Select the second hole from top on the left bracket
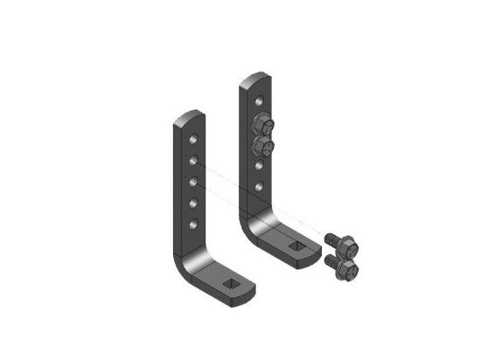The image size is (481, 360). (192, 160)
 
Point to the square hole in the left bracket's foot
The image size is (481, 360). (232, 284)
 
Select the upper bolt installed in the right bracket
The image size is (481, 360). (261, 121)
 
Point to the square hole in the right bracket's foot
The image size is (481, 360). (299, 247)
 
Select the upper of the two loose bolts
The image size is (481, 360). (337, 239)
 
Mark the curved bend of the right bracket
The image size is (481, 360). (254, 229)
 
